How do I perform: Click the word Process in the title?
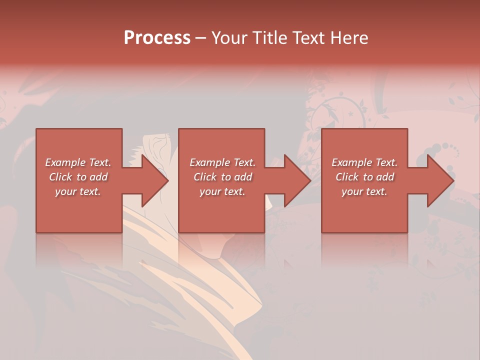click(x=157, y=38)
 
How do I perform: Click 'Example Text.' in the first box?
click(x=78, y=162)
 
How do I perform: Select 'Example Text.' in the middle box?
click(x=222, y=162)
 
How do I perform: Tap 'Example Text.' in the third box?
click(x=364, y=162)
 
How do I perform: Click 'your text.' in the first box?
click(x=78, y=191)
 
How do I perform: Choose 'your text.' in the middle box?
click(x=222, y=191)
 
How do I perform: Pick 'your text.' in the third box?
click(x=364, y=191)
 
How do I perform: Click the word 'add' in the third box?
click(x=385, y=177)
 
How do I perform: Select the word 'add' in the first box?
click(x=99, y=177)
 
